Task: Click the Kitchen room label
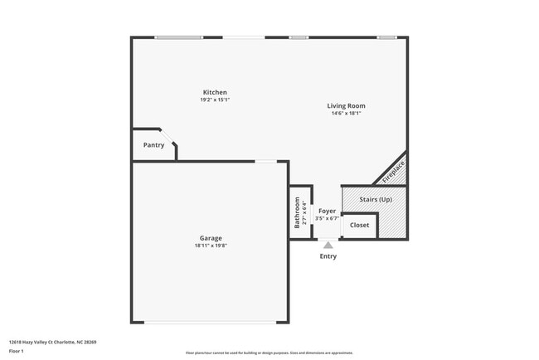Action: [215, 92]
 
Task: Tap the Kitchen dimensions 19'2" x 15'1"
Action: [215, 100]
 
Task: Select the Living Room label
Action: [346, 105]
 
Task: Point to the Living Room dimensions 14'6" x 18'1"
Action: [346, 113]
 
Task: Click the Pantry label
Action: [153, 145]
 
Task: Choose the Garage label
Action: [210, 238]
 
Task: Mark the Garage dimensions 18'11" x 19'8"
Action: [210, 246]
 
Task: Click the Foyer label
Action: [328, 212]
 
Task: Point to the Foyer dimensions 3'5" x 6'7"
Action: [328, 219]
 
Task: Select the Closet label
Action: [359, 225]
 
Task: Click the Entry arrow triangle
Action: [328, 244]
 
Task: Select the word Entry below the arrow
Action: [328, 256]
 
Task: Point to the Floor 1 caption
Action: [17, 350]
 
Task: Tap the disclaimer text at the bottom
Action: [269, 352]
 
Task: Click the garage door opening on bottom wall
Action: [210, 323]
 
